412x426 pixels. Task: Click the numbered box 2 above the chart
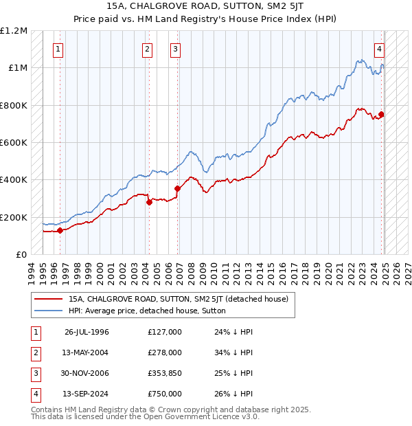pyautogui.click(x=148, y=49)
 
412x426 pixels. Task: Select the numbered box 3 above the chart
pyautogui.click(x=176, y=49)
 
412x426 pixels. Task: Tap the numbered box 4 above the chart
pyautogui.click(x=379, y=49)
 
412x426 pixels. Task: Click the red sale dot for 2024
pyautogui.click(x=381, y=115)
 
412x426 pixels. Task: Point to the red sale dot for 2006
pyautogui.click(x=177, y=188)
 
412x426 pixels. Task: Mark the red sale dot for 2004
pyautogui.click(x=149, y=202)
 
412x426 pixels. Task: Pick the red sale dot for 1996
pyautogui.click(x=60, y=230)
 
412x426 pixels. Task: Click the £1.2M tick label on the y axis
pyautogui.click(x=14, y=31)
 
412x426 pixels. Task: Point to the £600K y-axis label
pyautogui.click(x=14, y=143)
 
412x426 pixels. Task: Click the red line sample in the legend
pyautogui.click(x=48, y=299)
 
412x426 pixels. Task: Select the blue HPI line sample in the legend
pyautogui.click(x=48, y=311)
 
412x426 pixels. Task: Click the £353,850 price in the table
pyautogui.click(x=165, y=374)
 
